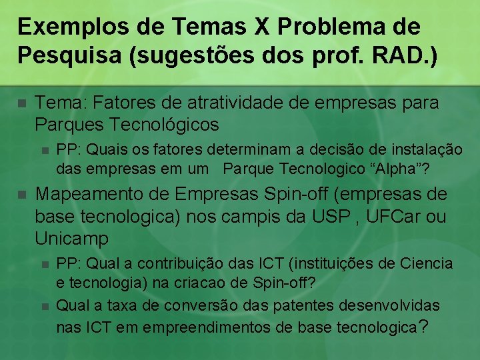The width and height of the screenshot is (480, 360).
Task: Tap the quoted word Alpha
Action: [x=399, y=169]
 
